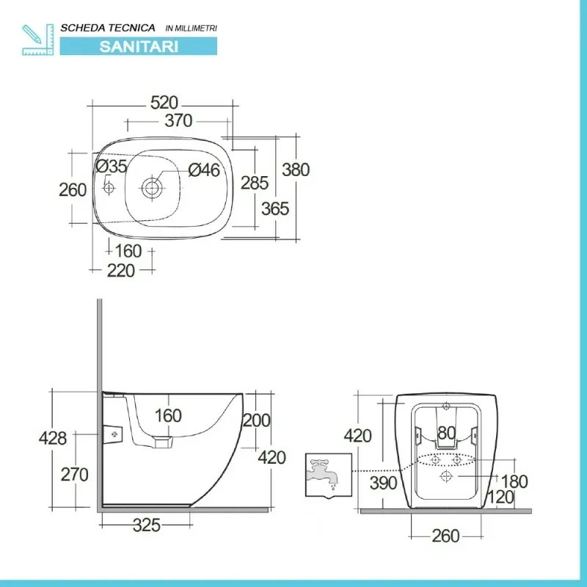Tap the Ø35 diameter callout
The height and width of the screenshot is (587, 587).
(112, 167)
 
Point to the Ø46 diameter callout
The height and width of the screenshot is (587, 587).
(203, 170)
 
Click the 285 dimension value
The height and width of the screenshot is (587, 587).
(255, 183)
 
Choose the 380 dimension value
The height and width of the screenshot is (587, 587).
(296, 169)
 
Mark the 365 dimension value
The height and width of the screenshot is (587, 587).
(275, 208)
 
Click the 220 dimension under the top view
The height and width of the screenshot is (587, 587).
(121, 271)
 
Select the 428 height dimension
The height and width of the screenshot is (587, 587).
(53, 438)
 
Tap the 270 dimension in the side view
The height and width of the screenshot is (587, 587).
(73, 474)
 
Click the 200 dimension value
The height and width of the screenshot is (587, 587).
(256, 420)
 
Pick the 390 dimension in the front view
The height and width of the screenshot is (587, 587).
(383, 483)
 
